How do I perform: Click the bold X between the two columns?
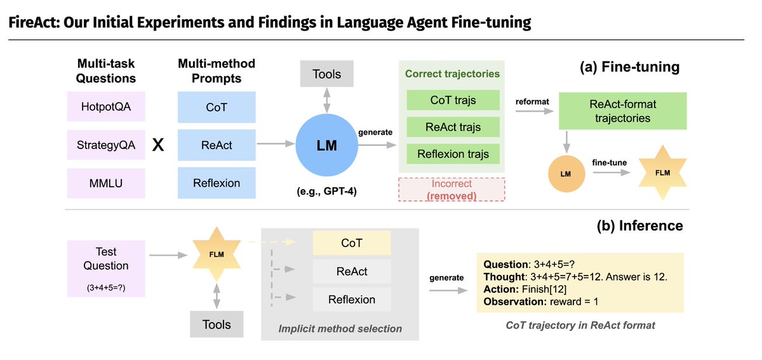159,145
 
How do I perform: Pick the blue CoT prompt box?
217,107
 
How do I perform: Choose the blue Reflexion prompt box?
217,183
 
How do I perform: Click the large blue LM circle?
327,145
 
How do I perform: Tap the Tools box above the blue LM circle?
326,75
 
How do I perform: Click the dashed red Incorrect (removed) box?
451,189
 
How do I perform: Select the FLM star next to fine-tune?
662,173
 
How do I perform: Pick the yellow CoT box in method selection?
351,243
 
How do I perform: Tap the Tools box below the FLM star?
217,324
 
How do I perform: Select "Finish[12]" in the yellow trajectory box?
540,289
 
